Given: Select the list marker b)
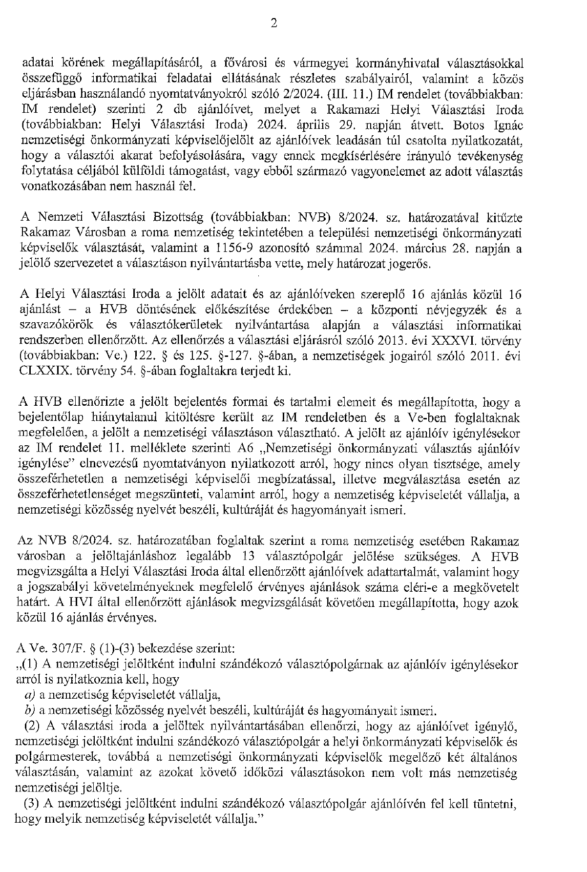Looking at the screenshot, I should pos(30,710).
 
